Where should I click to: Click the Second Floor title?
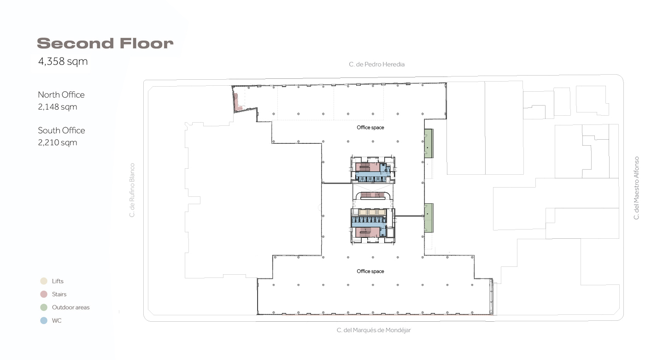(105, 43)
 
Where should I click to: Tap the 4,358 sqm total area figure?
(63, 62)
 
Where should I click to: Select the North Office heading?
(61, 94)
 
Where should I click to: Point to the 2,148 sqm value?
(57, 107)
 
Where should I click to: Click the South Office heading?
(61, 130)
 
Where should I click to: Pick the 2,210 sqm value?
(57, 142)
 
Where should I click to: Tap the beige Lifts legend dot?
(44, 281)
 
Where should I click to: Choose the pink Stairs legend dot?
(44, 294)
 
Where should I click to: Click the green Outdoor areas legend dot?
(44, 307)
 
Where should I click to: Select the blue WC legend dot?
(44, 320)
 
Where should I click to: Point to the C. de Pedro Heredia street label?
(376, 64)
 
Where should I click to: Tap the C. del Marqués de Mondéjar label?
(374, 330)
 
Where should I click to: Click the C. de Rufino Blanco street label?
(132, 190)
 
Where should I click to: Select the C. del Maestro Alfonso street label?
(636, 188)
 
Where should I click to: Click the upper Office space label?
(370, 128)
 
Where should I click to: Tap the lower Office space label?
(370, 271)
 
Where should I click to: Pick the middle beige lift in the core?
(372, 212)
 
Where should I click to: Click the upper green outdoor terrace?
(428, 143)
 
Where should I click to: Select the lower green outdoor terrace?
(428, 218)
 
